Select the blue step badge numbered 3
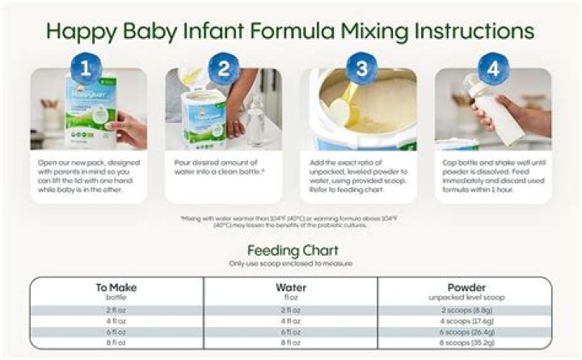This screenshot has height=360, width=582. click(362, 69)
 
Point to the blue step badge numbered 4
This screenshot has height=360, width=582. click(493, 69)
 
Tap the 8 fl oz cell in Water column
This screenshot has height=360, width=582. click(290, 342)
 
